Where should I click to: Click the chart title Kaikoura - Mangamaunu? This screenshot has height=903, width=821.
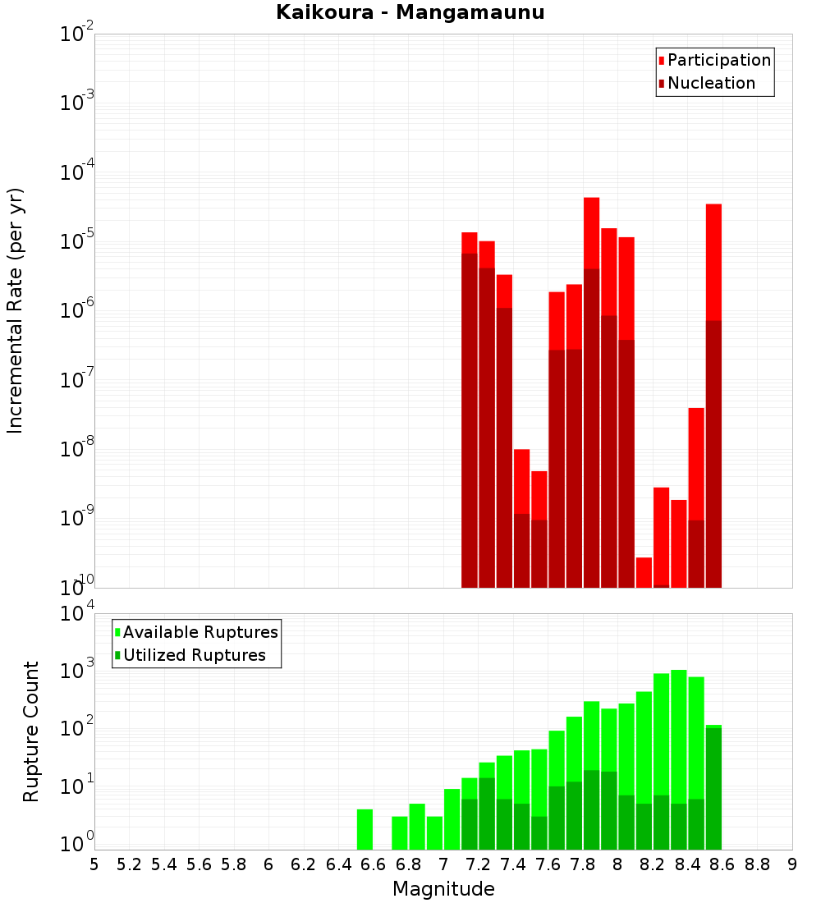pyautogui.click(x=410, y=12)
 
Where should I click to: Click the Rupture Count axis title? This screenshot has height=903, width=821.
pyautogui.click(x=31, y=731)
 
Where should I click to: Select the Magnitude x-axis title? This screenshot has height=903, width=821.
pyautogui.click(x=443, y=889)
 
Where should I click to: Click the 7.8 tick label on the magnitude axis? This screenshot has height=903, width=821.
pyautogui.click(x=583, y=864)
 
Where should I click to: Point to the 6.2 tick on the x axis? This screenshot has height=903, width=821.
pyautogui.click(x=304, y=864)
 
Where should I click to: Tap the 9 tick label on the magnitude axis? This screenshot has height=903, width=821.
pyautogui.click(x=792, y=864)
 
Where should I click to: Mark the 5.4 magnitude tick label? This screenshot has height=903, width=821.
pyautogui.click(x=164, y=864)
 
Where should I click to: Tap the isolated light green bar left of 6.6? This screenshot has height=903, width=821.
pyautogui.click(x=365, y=829)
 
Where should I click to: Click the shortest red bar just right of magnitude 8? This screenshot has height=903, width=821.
pyautogui.click(x=644, y=572)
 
